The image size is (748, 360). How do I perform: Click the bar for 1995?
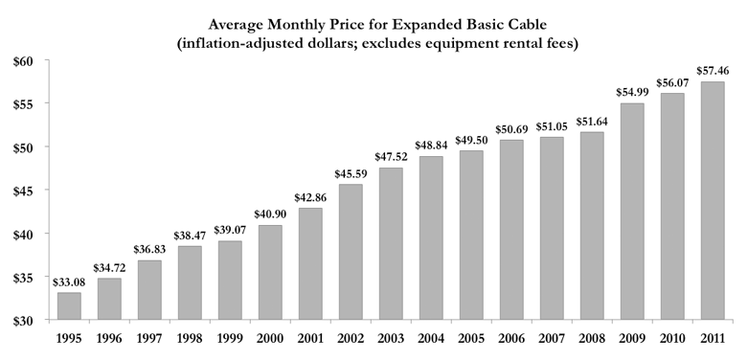(70, 305)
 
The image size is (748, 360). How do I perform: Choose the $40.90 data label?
(270, 214)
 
